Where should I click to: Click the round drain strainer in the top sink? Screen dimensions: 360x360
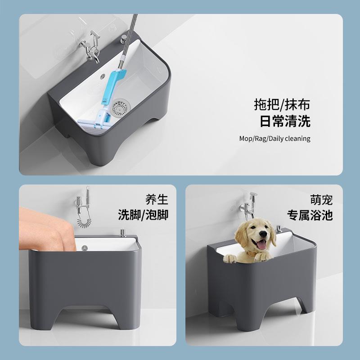120,107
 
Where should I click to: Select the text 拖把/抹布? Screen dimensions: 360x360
282,105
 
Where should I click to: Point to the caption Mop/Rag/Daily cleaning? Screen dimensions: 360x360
274,139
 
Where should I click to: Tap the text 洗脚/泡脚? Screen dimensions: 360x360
143,215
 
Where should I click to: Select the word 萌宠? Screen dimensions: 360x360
321,199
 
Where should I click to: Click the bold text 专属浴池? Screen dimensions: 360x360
310,215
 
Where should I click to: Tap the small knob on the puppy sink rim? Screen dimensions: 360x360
279,228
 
